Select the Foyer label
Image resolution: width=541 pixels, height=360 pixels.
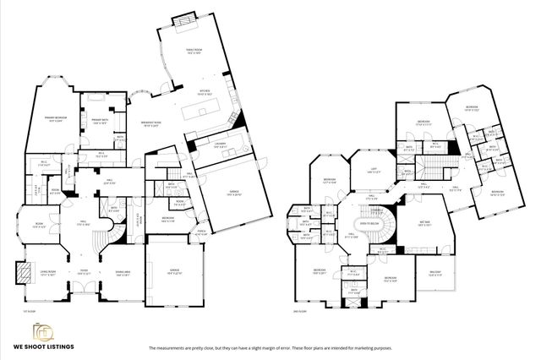(x=85, y=272)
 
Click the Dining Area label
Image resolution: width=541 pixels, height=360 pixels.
(x=123, y=272)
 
